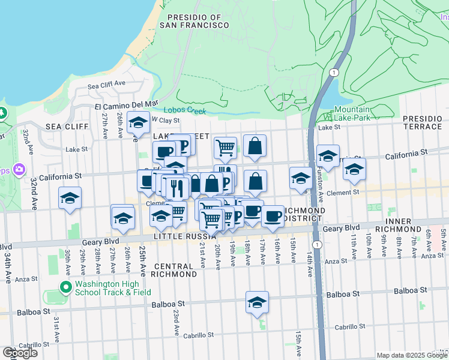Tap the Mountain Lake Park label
click(352, 113)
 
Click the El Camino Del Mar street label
click(125, 106)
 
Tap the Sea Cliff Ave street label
click(106, 86)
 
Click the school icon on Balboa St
click(257, 303)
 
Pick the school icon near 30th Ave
click(70, 198)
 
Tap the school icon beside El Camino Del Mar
click(139, 123)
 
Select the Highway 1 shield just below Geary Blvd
click(316, 244)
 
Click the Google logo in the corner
click(20, 353)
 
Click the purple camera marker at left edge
click(19, 170)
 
